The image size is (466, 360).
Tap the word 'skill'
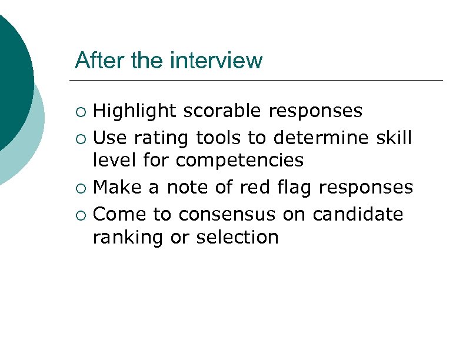[x=392, y=138]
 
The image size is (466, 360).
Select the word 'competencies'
[x=239, y=160]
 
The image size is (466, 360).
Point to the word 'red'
[x=252, y=187]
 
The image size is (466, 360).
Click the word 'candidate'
[x=358, y=214]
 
